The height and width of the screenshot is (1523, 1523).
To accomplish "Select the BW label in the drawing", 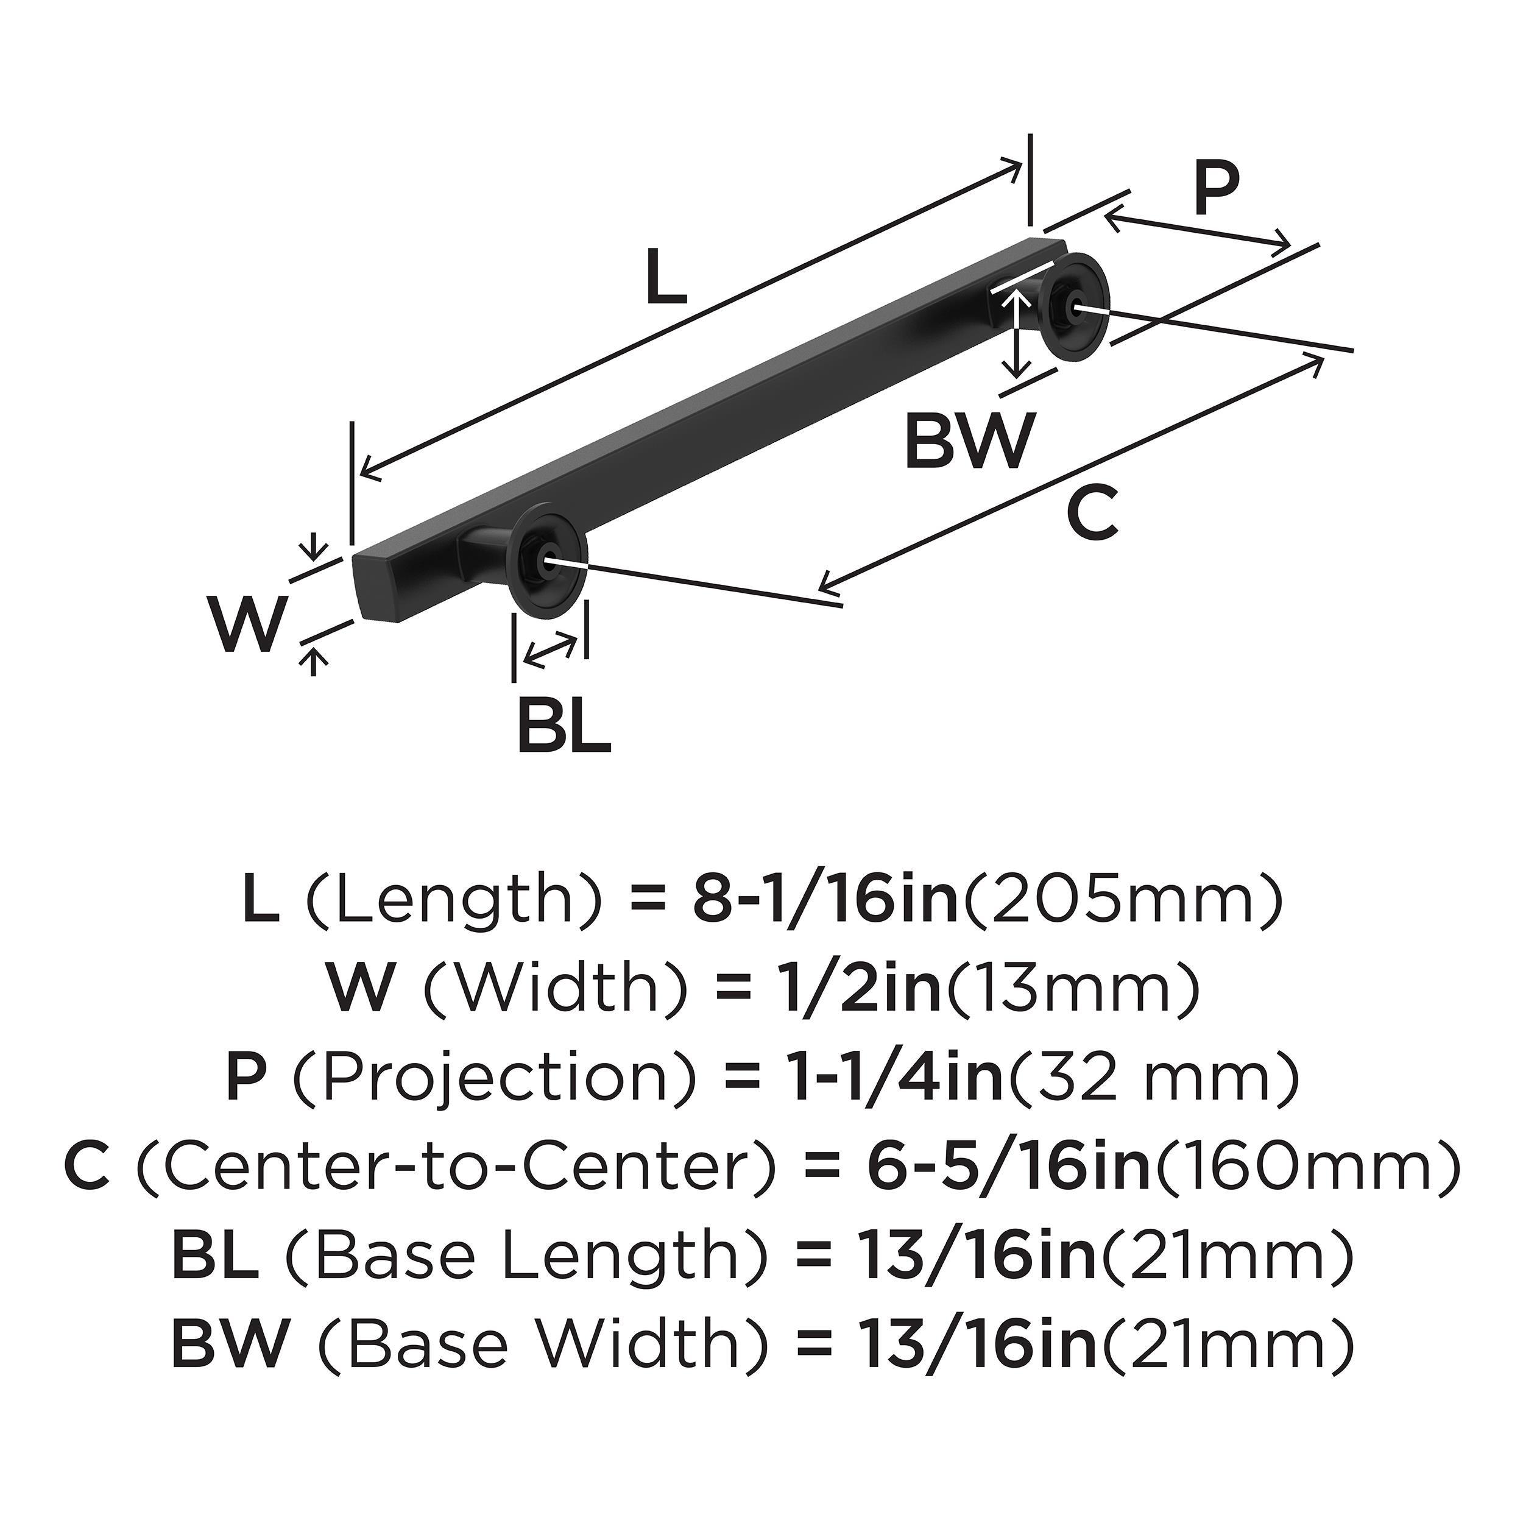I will [968, 442].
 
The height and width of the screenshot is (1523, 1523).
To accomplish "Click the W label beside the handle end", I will [246, 625].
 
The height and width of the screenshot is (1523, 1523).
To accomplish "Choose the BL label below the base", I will [564, 724].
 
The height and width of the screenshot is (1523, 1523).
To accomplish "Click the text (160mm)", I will [1307, 1166].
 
